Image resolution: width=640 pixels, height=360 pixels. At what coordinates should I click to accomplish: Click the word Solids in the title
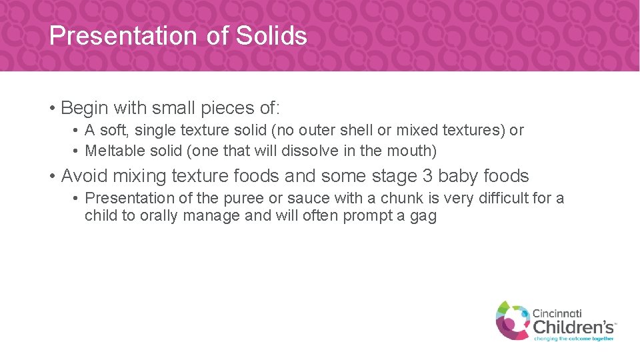point(271,35)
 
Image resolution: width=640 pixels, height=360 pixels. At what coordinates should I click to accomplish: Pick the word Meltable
point(114,151)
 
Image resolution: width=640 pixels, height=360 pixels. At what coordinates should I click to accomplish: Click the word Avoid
point(84,176)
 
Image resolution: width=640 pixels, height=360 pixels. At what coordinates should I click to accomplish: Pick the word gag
point(423,217)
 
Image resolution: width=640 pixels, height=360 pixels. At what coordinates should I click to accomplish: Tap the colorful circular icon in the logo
point(512,320)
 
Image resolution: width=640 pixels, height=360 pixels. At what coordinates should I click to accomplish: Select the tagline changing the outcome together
point(573,338)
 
